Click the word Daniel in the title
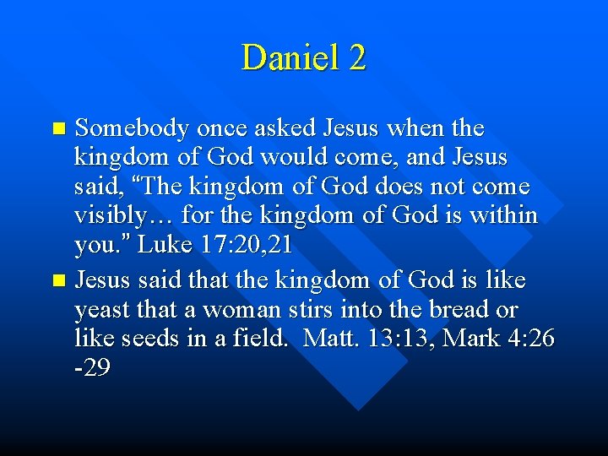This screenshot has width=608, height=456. pos(290,57)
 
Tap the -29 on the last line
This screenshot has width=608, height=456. pos(92,369)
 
